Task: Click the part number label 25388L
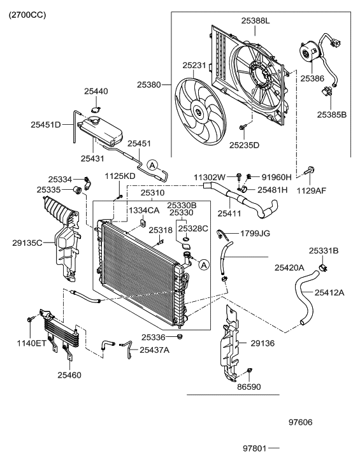point(256,20)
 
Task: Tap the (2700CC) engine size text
point(27,15)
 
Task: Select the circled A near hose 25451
point(152,165)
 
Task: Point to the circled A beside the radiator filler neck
point(204,265)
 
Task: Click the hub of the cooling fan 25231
point(198,112)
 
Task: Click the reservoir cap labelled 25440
point(96,110)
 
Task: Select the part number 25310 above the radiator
point(152,193)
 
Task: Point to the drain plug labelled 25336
point(179,336)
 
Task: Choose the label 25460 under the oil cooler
point(69,375)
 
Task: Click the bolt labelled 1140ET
point(30,319)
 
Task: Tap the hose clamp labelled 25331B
point(324,268)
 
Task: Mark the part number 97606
point(300,422)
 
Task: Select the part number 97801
point(255,448)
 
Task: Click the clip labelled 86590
point(250,370)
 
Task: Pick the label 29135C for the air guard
point(27,243)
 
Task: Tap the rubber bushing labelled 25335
point(78,190)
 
